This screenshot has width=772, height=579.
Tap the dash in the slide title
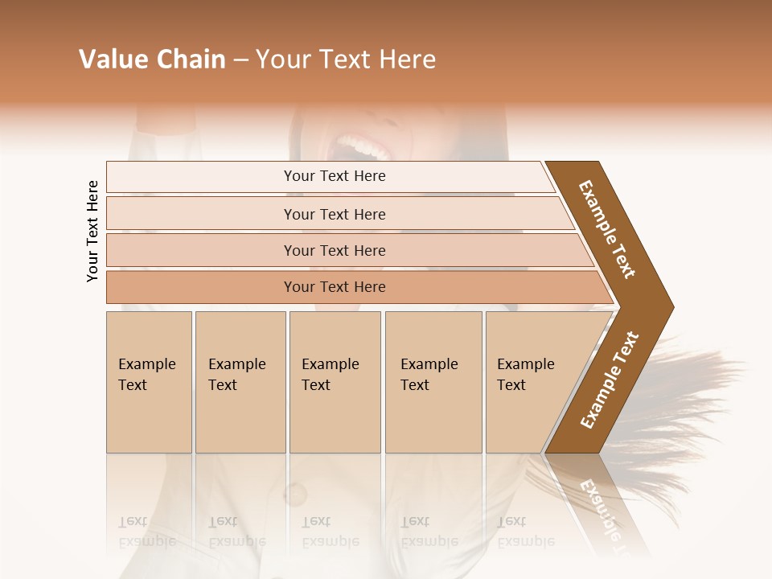[x=240, y=60]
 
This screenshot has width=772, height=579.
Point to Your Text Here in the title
[x=346, y=60]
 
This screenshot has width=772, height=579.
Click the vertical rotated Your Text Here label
[x=92, y=231]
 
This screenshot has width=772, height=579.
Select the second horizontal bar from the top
[x=334, y=214]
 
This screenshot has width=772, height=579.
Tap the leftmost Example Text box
[x=149, y=381]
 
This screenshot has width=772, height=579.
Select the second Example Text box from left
[x=240, y=381]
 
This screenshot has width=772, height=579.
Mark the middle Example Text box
[x=335, y=381]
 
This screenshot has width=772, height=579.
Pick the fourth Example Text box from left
[x=433, y=381]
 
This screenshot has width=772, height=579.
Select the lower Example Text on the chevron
[x=610, y=380]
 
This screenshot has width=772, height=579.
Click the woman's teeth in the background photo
[x=361, y=148]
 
